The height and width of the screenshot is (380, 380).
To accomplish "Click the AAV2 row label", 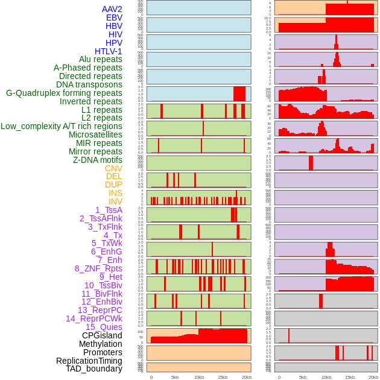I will coord(112,9).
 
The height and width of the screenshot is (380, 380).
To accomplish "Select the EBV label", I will coord(114,17).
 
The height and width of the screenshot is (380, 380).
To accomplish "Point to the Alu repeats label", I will coord(100,59).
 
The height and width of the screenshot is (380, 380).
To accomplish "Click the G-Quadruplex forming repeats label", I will coord(64,93).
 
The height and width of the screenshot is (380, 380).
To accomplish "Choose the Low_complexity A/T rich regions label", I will coord(62,126).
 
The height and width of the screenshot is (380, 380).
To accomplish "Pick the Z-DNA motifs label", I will coord(98,160).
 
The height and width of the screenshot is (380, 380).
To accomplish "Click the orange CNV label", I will coord(113,168).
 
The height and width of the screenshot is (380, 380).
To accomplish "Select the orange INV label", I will coord(115,201).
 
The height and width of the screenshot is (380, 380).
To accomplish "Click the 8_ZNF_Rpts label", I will coord(98,268).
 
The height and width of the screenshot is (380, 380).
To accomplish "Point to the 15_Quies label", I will coord(104,327).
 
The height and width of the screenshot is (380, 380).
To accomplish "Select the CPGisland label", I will coord(102,335).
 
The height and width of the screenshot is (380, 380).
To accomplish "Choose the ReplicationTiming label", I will coord(89,361).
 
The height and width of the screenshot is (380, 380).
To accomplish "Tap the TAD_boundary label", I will coord(94,369).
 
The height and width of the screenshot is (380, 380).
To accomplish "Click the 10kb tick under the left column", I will coord(199,377).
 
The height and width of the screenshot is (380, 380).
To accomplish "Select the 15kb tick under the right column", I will coord(350,377).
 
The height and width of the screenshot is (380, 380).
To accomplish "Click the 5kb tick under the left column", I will coord(175,377).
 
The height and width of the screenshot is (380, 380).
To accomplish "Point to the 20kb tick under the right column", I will coord(373,377).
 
